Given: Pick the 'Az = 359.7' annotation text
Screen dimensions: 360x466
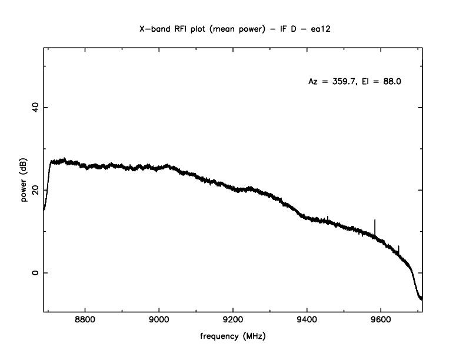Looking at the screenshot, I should coord(331,82).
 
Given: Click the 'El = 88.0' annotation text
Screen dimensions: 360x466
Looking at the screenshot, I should coord(382,82).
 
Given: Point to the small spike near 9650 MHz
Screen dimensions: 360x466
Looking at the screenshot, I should coord(398,249).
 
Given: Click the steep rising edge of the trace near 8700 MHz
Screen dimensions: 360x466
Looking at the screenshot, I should coord(47,182).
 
